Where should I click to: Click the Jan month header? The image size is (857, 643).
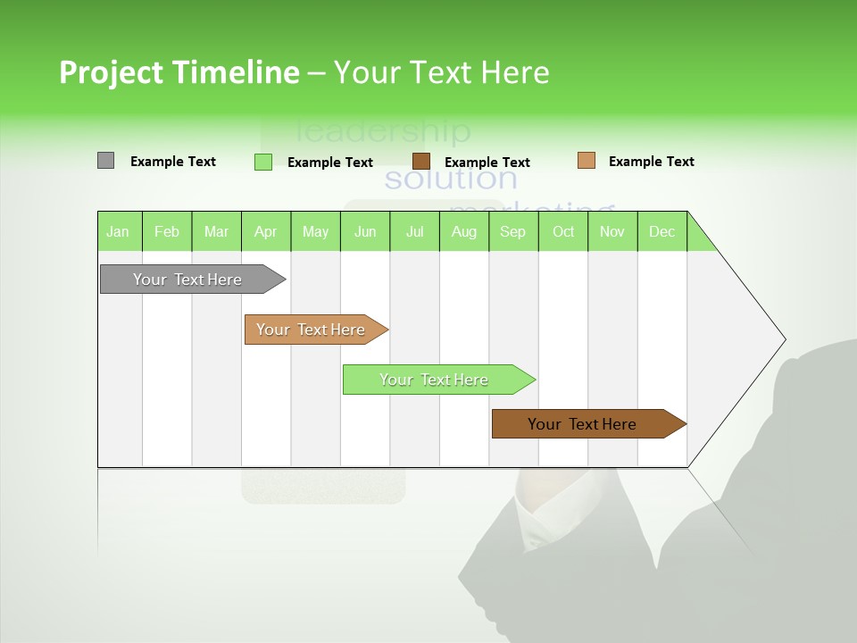pos(118,231)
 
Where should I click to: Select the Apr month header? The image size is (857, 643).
pos(266,231)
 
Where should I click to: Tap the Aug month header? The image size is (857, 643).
pos(464,231)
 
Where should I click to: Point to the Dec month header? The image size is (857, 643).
pos(661,231)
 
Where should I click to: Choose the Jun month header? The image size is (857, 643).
pos(365,231)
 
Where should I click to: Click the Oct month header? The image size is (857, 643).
pos(563,231)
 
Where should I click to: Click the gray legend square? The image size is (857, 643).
pos(105,161)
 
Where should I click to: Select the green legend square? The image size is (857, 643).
pos(262,162)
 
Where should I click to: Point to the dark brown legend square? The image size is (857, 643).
pos(421,161)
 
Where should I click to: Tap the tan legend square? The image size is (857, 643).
pos(586,161)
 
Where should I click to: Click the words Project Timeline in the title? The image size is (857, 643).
pos(179,72)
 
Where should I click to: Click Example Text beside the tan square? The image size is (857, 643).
pos(651,162)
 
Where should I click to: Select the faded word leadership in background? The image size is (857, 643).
pos(382,131)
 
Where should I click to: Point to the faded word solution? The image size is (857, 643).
pos(450,179)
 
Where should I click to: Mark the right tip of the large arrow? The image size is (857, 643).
pos(784,339)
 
